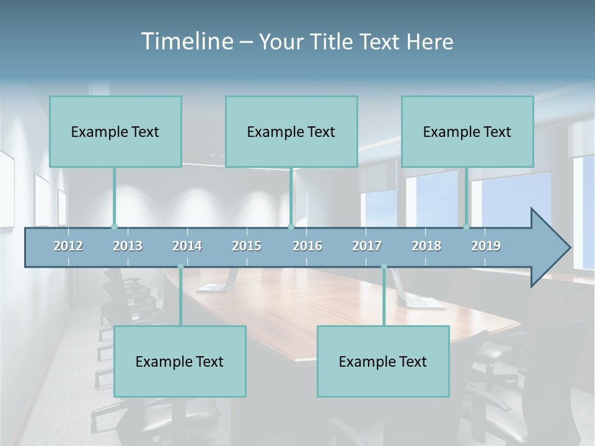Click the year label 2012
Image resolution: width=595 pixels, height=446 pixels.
click(x=68, y=246)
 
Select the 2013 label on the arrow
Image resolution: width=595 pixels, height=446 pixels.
click(x=128, y=246)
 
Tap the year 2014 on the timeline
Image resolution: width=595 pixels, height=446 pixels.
click(x=187, y=246)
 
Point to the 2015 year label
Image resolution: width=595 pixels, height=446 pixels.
click(x=247, y=246)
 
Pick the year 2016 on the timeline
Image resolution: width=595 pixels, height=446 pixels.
click(x=307, y=246)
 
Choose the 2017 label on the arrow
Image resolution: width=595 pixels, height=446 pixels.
click(x=367, y=246)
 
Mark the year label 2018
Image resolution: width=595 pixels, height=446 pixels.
click(x=426, y=246)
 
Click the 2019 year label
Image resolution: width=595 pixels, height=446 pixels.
click(x=486, y=246)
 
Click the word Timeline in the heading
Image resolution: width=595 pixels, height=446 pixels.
click(x=187, y=42)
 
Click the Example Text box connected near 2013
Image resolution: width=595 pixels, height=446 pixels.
click(x=115, y=131)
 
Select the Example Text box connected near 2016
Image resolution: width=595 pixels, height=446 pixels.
click(x=291, y=131)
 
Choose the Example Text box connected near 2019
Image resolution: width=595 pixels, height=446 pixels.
click(x=467, y=131)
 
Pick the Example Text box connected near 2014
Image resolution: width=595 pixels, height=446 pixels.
click(x=180, y=361)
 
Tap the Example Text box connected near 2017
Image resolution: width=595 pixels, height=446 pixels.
click(x=383, y=361)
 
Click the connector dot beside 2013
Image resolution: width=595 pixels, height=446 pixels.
click(x=114, y=227)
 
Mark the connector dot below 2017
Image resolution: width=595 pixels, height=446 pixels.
click(x=384, y=267)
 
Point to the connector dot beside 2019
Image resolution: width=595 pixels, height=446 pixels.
click(x=467, y=227)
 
